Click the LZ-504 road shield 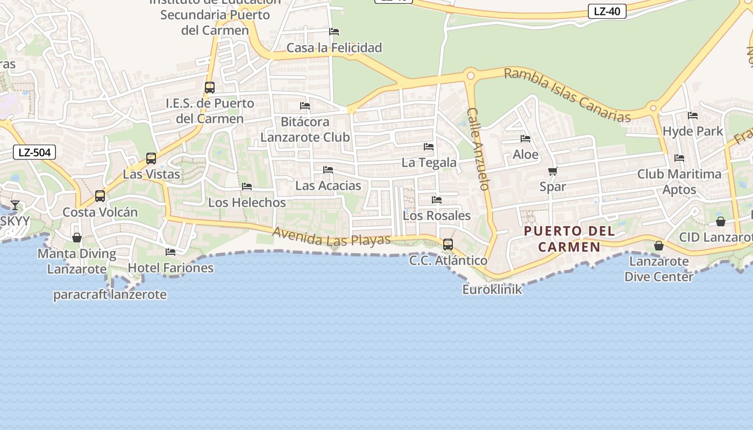point(34,152)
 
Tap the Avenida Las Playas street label point(331,237)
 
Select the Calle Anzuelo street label point(478,149)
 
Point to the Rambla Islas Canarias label point(567,95)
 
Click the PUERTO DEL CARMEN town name point(570,239)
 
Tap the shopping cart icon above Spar point(552,171)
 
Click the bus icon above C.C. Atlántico point(447,245)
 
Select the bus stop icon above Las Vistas point(151,159)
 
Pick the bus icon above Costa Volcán point(100,196)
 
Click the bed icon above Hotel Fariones point(171,252)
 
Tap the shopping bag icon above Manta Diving point(77,238)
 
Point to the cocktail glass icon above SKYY point(15,205)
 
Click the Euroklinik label point(492,290)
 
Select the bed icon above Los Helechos point(247,187)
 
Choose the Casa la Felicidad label point(334,48)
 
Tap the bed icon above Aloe point(525,139)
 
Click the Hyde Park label point(693,131)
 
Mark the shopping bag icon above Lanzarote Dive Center point(658,246)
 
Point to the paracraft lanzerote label point(110,295)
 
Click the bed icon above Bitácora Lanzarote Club point(305,106)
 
